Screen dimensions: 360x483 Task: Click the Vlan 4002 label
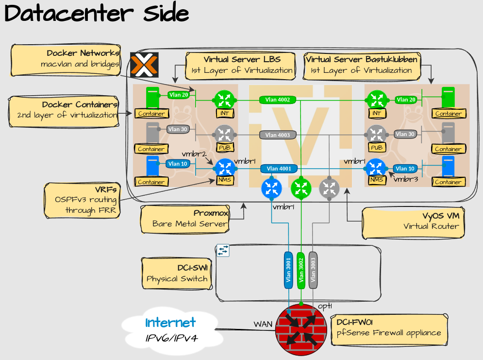[278, 100]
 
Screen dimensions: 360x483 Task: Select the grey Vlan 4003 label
[278, 135]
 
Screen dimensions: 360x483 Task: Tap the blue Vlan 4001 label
[279, 169]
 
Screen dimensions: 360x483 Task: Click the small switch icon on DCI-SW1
[223, 250]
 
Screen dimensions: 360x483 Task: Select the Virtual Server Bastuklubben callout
[361, 65]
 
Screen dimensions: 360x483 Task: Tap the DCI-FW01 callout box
[388, 327]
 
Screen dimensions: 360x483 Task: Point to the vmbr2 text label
[194, 154]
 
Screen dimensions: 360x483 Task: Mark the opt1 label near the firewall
[325, 306]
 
